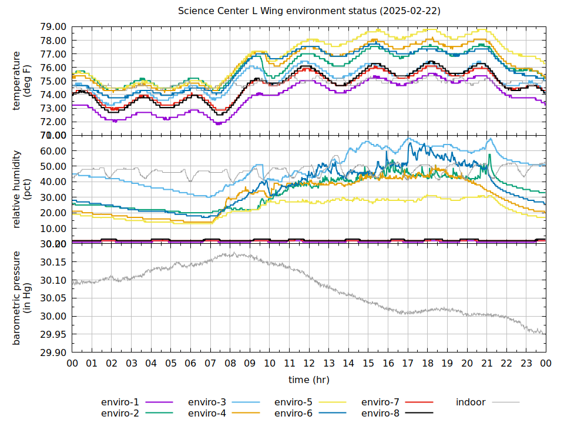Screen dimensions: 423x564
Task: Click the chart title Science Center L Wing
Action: [x=309, y=11]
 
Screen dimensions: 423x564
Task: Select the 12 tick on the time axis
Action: [x=309, y=364]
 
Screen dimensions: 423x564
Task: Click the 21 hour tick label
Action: [x=486, y=364]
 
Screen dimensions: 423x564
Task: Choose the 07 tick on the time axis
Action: [x=210, y=364]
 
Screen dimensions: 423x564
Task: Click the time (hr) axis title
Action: [x=309, y=380]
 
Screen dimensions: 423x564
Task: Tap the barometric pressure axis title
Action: [x=22, y=298]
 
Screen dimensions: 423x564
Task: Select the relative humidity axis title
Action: [x=22, y=189]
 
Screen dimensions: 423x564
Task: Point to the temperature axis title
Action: [x=22, y=81]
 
